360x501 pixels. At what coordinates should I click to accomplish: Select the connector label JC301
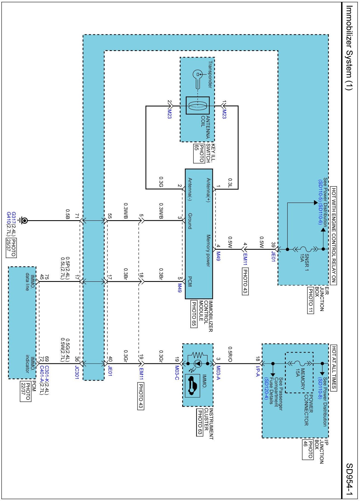[77, 372]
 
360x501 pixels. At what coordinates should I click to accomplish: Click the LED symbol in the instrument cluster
[198, 364]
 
